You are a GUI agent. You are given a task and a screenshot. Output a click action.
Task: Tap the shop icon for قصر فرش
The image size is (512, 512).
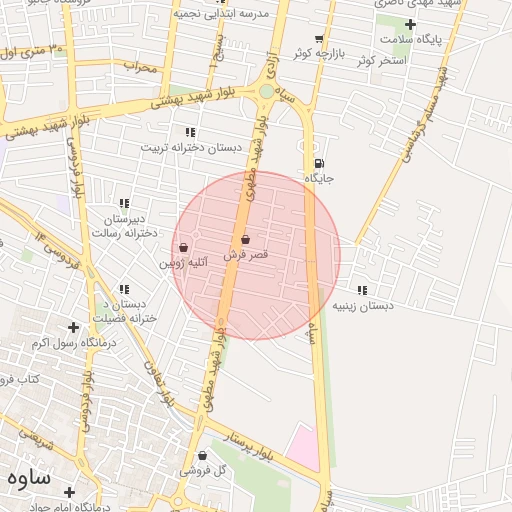coord(246,240)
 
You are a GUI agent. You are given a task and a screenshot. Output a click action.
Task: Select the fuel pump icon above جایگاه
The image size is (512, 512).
coord(319,163)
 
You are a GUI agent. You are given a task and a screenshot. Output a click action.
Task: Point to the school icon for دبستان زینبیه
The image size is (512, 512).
coord(361,290)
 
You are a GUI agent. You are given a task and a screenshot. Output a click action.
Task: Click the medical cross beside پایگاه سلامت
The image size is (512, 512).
coord(410,23)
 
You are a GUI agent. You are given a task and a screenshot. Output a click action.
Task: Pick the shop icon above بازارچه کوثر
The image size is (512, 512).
coord(319,37)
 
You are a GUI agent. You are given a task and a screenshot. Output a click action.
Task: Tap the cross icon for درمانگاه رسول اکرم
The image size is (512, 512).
coord(73,327)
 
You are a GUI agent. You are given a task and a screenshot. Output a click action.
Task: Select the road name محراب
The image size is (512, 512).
coord(141,67)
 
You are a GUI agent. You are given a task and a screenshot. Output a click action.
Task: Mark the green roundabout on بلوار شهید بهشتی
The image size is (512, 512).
coord(265,92)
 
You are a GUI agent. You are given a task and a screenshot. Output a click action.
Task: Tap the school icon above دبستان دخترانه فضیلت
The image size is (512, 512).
coord(124,289)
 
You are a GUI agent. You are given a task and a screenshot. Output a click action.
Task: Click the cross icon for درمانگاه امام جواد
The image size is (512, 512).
coord(69,492)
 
